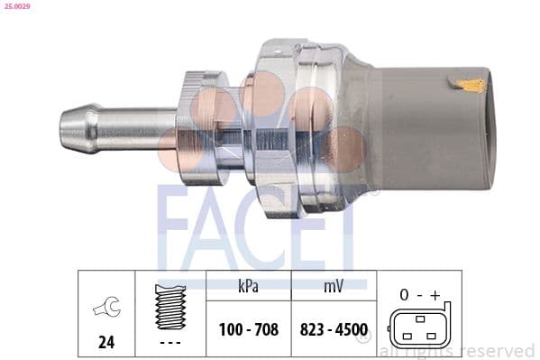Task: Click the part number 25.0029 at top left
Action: pos(16,7)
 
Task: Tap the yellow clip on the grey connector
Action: pos(470,86)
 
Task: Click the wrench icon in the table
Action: pos(105,309)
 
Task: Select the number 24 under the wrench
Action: pos(105,342)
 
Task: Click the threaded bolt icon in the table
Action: pos(169,306)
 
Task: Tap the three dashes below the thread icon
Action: pos(169,343)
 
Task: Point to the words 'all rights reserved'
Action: pos(458,350)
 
